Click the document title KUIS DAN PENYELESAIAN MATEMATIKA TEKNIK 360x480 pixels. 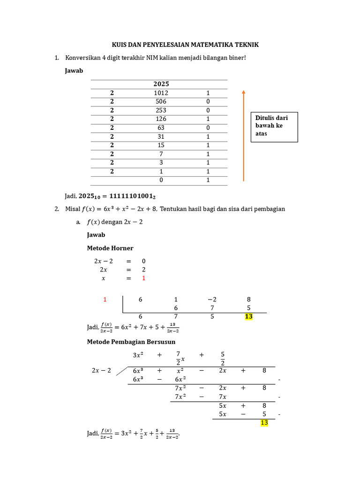185,45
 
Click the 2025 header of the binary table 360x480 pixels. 161,84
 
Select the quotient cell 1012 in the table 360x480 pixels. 161,93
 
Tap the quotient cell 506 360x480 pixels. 161,102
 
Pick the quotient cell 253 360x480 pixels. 161,110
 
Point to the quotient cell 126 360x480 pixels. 161,119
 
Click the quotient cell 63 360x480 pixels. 161,127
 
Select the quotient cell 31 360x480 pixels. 161,136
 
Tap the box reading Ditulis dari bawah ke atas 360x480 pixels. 274,126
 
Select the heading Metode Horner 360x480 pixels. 110,248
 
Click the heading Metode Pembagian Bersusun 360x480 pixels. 131,342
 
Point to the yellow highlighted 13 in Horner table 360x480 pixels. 248,317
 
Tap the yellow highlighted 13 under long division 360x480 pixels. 264,423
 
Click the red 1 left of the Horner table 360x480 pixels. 105,300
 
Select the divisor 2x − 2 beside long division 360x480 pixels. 101,370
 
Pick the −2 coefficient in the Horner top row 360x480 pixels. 212,300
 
